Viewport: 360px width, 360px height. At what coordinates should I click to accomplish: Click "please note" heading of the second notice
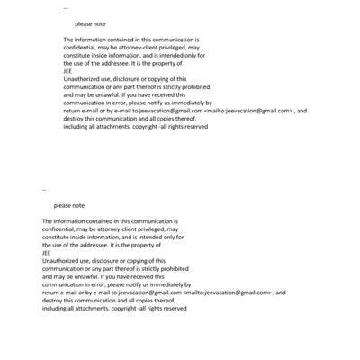click(x=67, y=206)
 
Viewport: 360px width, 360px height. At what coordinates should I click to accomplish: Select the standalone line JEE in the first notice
click(x=69, y=71)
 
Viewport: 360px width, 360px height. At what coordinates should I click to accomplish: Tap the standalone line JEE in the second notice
click(x=47, y=253)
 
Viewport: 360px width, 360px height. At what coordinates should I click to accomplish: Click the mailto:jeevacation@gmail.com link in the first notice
click(x=250, y=111)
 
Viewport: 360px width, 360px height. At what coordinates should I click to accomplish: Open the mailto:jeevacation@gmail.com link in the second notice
click(x=229, y=292)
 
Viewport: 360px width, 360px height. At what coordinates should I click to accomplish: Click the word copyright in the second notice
click(x=127, y=309)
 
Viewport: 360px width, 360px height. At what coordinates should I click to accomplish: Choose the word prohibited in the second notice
click(x=172, y=269)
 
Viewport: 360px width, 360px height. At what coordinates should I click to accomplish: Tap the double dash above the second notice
click(x=44, y=190)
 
